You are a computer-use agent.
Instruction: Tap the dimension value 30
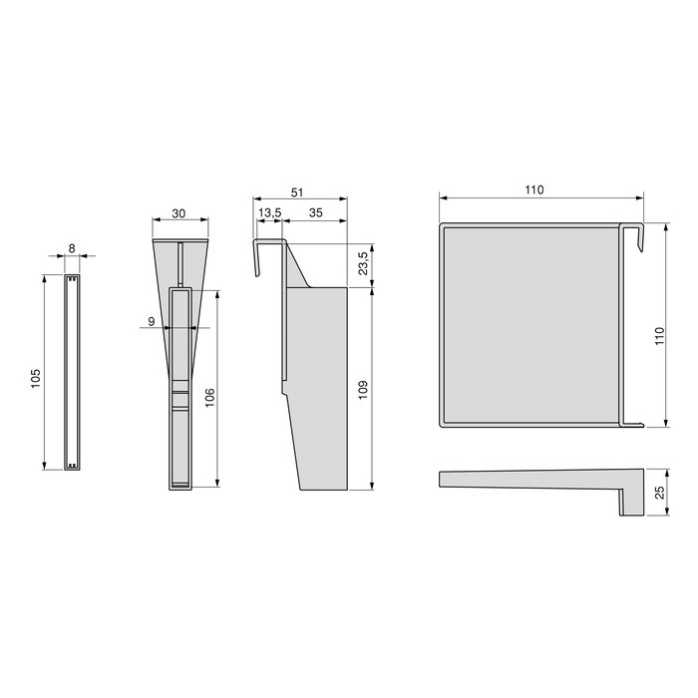(178, 212)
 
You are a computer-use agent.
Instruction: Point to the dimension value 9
(151, 321)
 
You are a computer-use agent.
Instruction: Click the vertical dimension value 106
(208, 397)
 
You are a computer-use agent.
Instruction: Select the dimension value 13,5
(268, 213)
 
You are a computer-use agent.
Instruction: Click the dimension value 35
(315, 213)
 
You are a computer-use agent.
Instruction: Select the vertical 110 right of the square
(657, 338)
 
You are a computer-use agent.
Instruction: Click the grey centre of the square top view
(528, 324)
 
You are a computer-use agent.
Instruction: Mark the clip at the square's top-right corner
(634, 234)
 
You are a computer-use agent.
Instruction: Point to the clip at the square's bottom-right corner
(630, 423)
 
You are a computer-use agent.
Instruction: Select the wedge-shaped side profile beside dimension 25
(538, 483)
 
